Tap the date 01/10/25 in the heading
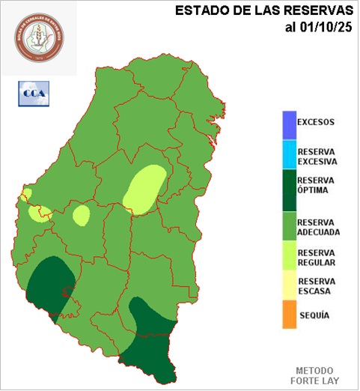320,28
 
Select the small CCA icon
32,94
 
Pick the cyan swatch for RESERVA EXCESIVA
289,155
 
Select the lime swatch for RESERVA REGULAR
289,257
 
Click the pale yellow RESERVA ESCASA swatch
289,287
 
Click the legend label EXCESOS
315,122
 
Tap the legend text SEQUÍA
314,315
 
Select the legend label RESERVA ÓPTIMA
317,185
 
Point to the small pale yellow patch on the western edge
25,195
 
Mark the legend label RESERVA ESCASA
317,286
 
